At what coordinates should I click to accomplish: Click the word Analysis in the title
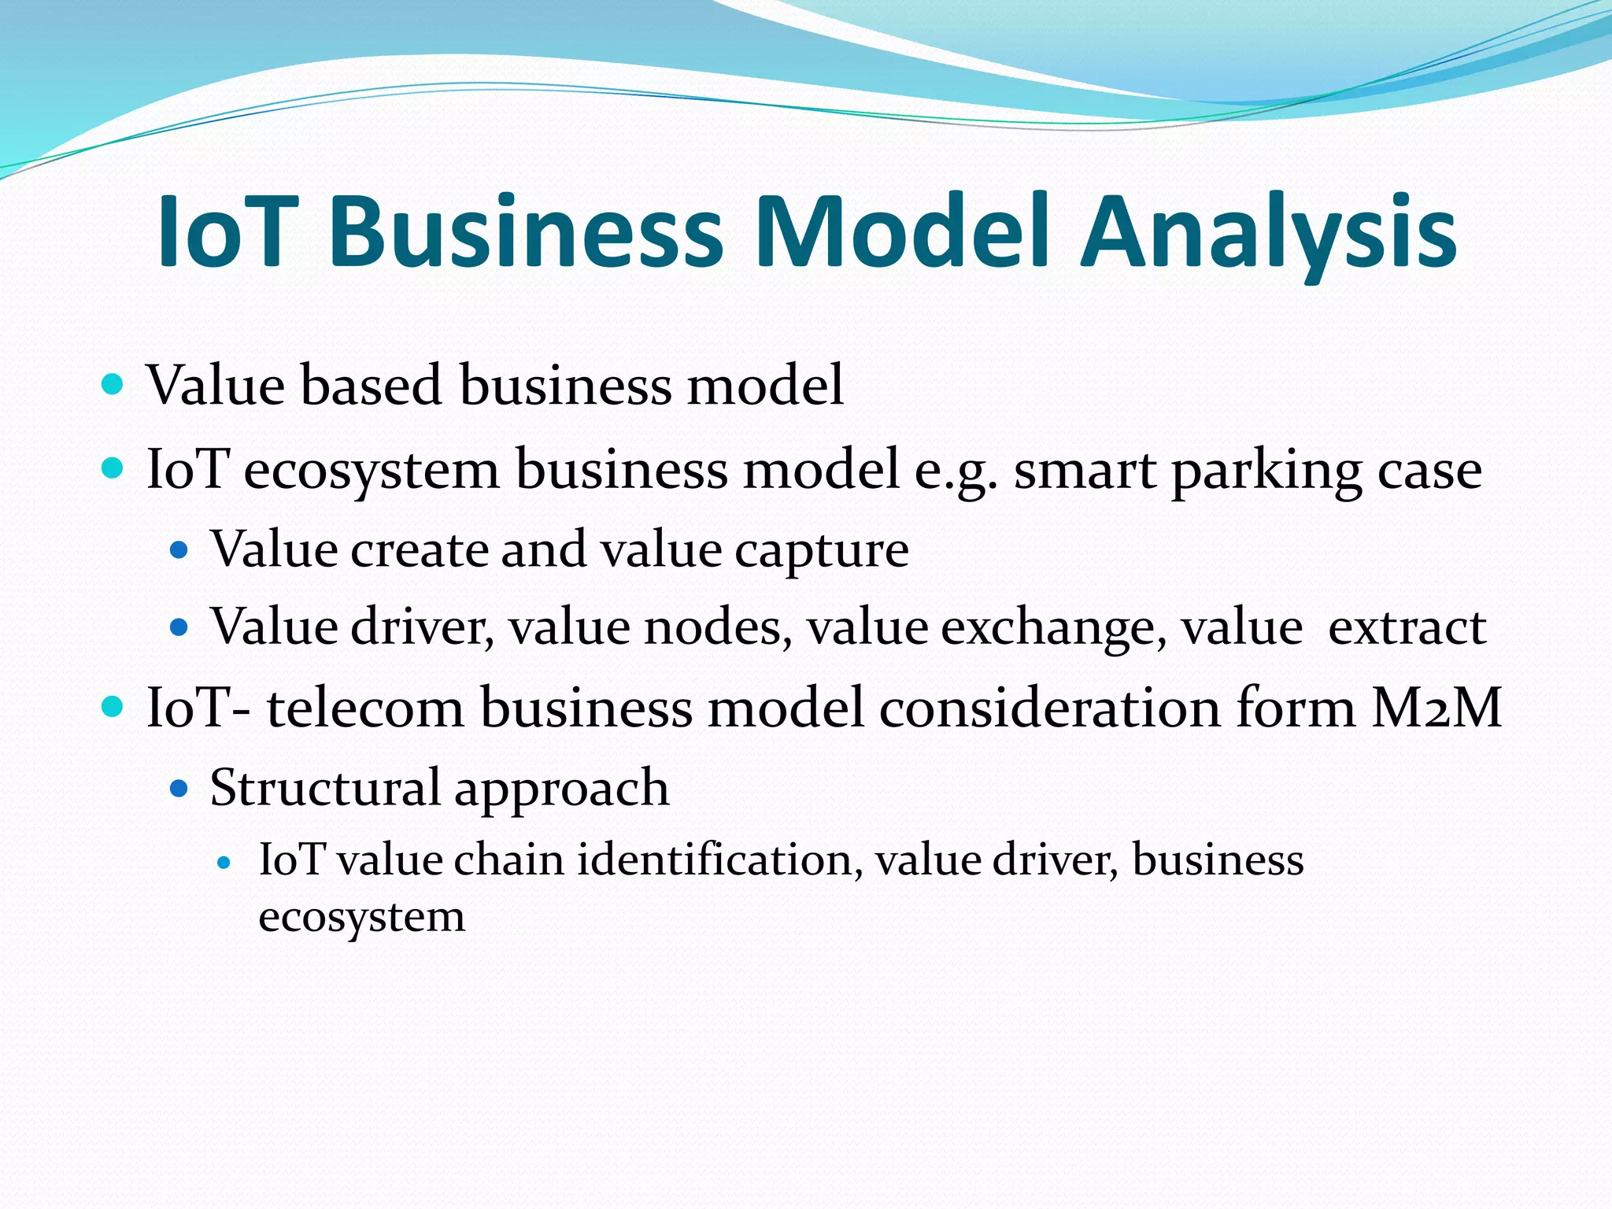[x=1268, y=233]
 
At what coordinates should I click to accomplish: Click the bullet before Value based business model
[x=113, y=385]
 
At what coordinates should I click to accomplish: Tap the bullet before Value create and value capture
[x=180, y=549]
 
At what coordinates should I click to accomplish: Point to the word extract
[x=1407, y=628]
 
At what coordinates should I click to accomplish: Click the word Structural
[x=325, y=787]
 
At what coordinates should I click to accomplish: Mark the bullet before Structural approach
[x=180, y=788]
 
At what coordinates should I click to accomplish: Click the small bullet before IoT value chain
[x=224, y=863]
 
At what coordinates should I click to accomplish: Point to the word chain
[x=508, y=860]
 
